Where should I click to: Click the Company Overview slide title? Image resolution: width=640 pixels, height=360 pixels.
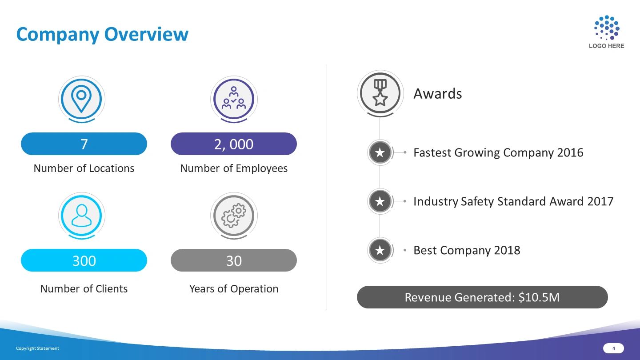pos(102,35)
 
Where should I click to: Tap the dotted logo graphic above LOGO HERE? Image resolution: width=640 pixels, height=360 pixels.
pos(607,28)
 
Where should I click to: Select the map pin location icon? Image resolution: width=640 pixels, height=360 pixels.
pos(81,99)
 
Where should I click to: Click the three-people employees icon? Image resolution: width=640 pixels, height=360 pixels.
pos(234,98)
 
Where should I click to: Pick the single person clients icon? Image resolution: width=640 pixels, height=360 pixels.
pos(81,216)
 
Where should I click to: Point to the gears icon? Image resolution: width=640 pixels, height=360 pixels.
pos(234,216)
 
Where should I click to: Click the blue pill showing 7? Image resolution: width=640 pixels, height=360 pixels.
pos(84,144)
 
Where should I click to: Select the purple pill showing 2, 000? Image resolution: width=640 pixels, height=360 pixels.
pos(234,144)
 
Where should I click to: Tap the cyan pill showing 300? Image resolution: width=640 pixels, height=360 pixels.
pos(84,260)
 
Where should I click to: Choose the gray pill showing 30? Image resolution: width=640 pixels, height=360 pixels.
pos(234,260)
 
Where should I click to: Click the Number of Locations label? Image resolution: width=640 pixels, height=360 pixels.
pos(84,168)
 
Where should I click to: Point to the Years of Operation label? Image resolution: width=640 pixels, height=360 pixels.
pos(234,289)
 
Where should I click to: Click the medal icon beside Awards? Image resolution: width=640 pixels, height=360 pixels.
pos(380,93)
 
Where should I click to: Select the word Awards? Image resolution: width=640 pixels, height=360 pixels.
pos(438,93)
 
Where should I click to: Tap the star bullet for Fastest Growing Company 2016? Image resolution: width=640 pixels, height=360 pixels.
pos(380,152)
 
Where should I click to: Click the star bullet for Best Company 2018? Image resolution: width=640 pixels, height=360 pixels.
pos(380,250)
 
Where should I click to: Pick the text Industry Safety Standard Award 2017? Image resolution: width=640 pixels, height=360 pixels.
pos(513,201)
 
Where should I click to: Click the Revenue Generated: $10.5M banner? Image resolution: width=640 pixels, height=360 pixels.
pos(482,297)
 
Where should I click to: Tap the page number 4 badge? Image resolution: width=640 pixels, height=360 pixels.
pos(613,348)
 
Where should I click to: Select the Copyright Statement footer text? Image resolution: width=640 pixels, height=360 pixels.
pos(37,348)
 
